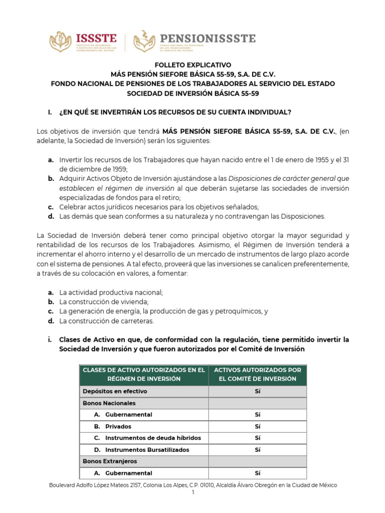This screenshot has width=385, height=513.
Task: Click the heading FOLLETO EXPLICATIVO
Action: pyautogui.click(x=192, y=65)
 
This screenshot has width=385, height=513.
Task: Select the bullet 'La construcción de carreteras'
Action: pyautogui.click(x=106, y=321)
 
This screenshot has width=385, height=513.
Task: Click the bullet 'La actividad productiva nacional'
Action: pyautogui.click(x=111, y=292)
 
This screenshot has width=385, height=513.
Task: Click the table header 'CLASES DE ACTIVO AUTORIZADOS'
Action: pyautogui.click(x=143, y=374)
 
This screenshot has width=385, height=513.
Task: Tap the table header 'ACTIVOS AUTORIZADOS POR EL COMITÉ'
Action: pyautogui.click(x=258, y=374)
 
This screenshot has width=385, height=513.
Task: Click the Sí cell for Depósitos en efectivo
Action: pyautogui.click(x=258, y=391)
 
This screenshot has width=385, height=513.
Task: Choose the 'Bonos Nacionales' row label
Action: pyautogui.click(x=109, y=403)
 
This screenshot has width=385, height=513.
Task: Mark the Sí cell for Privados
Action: pyautogui.click(x=258, y=426)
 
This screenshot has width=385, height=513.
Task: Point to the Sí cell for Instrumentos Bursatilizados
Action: pyautogui.click(x=258, y=450)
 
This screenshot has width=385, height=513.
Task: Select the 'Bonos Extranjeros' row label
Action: pyautogui.click(x=109, y=461)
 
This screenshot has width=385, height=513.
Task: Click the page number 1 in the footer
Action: pyautogui.click(x=192, y=493)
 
